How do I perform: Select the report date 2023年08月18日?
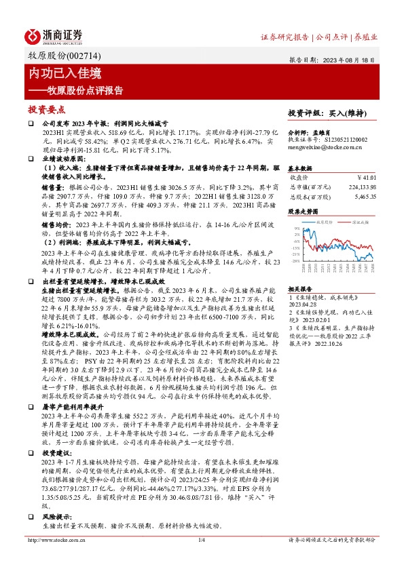[x=354, y=59]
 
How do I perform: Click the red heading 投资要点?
[x=46, y=108]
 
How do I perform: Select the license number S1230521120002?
[x=346, y=139]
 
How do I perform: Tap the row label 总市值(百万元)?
[x=306, y=186]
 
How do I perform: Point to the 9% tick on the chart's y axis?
[x=295, y=229]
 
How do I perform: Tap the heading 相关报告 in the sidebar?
[x=299, y=288]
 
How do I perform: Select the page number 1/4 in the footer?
[x=202, y=559]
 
